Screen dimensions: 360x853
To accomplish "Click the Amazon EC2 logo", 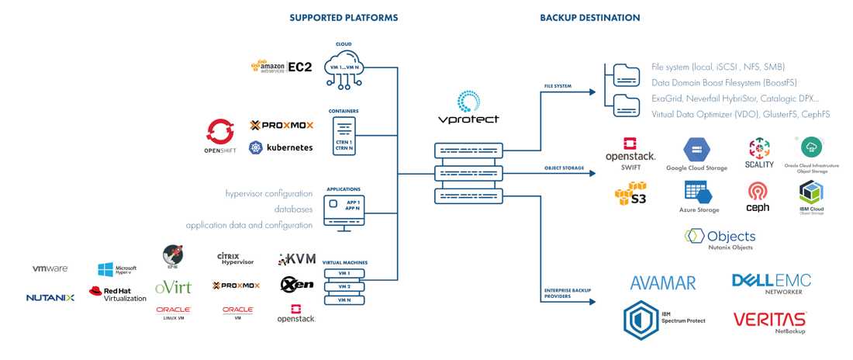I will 281,67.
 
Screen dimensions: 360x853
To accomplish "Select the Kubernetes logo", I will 281,147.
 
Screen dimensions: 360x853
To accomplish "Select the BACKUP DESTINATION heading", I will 590,17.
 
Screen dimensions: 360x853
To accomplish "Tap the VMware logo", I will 50,268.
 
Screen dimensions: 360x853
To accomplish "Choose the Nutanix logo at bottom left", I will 50,297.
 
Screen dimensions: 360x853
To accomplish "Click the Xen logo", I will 297,284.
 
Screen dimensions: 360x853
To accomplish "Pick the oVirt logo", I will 173,287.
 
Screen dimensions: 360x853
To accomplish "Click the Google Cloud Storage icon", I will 696,151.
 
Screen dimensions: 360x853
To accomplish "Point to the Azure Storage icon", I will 699,193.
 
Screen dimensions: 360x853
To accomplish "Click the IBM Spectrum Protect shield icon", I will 641,320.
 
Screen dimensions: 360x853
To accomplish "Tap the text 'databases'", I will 293,209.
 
